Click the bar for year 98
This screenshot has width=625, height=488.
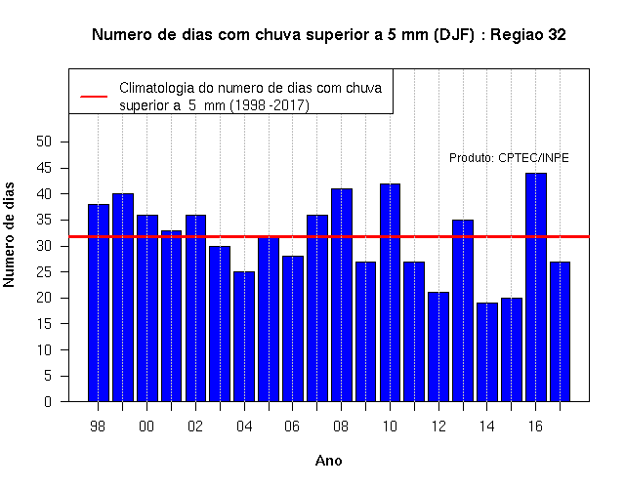[x=99, y=303]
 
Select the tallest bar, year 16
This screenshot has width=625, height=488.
[x=536, y=287]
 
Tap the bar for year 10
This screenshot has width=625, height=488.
[x=391, y=293]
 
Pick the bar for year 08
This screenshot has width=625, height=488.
[x=342, y=295]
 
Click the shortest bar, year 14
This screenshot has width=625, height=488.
[x=487, y=352]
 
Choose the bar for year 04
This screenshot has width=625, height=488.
[x=244, y=337]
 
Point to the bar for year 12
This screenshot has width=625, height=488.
[x=438, y=347]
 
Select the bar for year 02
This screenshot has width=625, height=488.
[x=195, y=308]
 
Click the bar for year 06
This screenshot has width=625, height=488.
[x=293, y=329]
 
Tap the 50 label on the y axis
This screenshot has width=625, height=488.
[x=44, y=142]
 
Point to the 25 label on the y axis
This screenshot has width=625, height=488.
[x=44, y=272]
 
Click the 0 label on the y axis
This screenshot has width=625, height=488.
[x=48, y=401]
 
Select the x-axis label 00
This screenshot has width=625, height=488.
[x=146, y=427]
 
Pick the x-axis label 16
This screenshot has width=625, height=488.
[x=535, y=427]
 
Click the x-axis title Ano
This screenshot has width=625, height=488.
[x=329, y=461]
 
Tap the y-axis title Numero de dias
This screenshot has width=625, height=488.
[x=9, y=234]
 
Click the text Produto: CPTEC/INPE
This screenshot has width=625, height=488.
[x=509, y=158]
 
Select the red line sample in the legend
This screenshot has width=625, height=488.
[x=94, y=97]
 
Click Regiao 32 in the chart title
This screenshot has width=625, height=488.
[x=528, y=35]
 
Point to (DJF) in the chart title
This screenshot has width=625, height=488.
[x=454, y=35]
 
